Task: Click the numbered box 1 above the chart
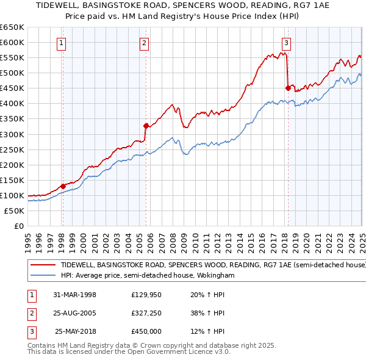(x=63, y=43)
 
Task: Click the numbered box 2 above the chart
(x=144, y=43)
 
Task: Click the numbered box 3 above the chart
(x=286, y=43)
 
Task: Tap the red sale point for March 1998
(x=63, y=186)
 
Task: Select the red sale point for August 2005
(x=146, y=126)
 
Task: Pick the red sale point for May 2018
(x=288, y=88)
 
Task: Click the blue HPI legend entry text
(x=148, y=276)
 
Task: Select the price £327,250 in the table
(x=146, y=314)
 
